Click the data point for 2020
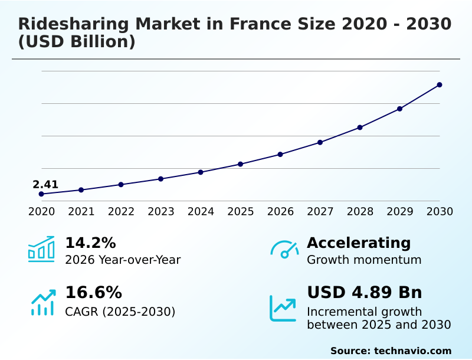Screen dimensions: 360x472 coord(41,194)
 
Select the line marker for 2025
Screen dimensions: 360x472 coord(240,164)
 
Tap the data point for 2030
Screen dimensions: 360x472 coord(440,85)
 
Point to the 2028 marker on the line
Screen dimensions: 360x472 coord(360,127)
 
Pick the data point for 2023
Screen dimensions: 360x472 coord(160,179)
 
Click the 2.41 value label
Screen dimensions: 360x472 coord(45,185)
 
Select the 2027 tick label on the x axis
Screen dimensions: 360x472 coord(320,211)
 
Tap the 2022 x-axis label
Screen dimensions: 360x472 coord(121,211)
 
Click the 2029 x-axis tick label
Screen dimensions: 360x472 coord(400,211)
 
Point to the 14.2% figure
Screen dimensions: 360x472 coord(90,243)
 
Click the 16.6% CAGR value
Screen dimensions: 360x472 coord(93,293)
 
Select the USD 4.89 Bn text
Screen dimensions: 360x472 coord(365,293)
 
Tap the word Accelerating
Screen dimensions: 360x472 coord(359,243)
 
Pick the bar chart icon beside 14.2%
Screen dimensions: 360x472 coord(41,249)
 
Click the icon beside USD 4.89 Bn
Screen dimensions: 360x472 coord(283,308)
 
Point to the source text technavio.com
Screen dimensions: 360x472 coord(412,351)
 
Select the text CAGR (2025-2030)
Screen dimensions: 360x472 coord(120,312)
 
